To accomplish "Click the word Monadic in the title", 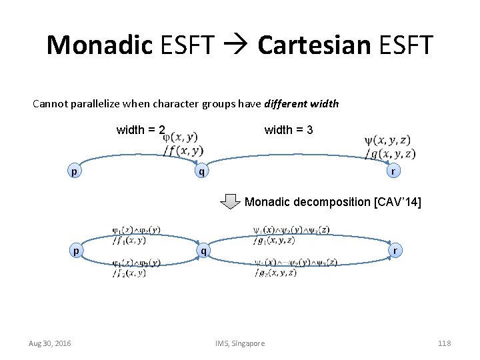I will point(99,45).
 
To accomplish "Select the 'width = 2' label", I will point(141,130).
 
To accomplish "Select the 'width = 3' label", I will point(289,130).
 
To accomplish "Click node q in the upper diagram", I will point(198,171).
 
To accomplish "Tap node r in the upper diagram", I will point(394,171).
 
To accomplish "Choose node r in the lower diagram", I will point(396,251).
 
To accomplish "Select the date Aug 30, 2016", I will point(50,343).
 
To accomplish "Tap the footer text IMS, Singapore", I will point(240,343).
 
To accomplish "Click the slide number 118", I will point(445,343).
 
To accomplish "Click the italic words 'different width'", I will point(301,104).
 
